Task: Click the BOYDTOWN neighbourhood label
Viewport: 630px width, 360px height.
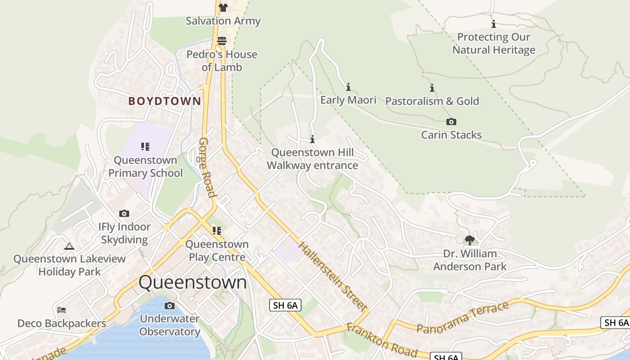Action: pos(165,101)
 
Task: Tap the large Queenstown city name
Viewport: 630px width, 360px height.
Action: pos(193,283)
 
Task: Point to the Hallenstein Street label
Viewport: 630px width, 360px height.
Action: pos(332,276)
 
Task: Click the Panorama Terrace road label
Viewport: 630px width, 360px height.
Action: pos(463,317)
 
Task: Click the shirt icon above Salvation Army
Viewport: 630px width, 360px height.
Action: pos(223,7)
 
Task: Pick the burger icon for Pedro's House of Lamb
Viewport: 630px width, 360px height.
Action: pos(221,41)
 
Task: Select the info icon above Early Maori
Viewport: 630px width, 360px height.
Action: pos(348,87)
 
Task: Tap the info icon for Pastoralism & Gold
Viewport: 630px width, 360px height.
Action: pos(432,88)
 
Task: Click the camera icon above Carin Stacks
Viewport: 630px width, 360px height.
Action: pos(451,121)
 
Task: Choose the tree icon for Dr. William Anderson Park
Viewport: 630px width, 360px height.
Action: pos(469,240)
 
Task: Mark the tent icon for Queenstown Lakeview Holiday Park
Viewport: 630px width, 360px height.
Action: pos(69,246)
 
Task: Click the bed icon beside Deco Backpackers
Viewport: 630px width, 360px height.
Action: pos(62,310)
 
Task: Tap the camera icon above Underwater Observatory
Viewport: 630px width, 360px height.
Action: pos(169,306)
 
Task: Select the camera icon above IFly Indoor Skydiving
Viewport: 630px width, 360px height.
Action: pos(124,213)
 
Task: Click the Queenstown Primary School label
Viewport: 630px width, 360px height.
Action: pos(145,166)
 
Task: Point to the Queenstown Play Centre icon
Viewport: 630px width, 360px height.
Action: pos(217,231)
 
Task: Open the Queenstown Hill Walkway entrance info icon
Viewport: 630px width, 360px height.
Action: pos(312,139)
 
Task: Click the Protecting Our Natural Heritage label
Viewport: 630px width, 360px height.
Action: pos(494,43)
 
